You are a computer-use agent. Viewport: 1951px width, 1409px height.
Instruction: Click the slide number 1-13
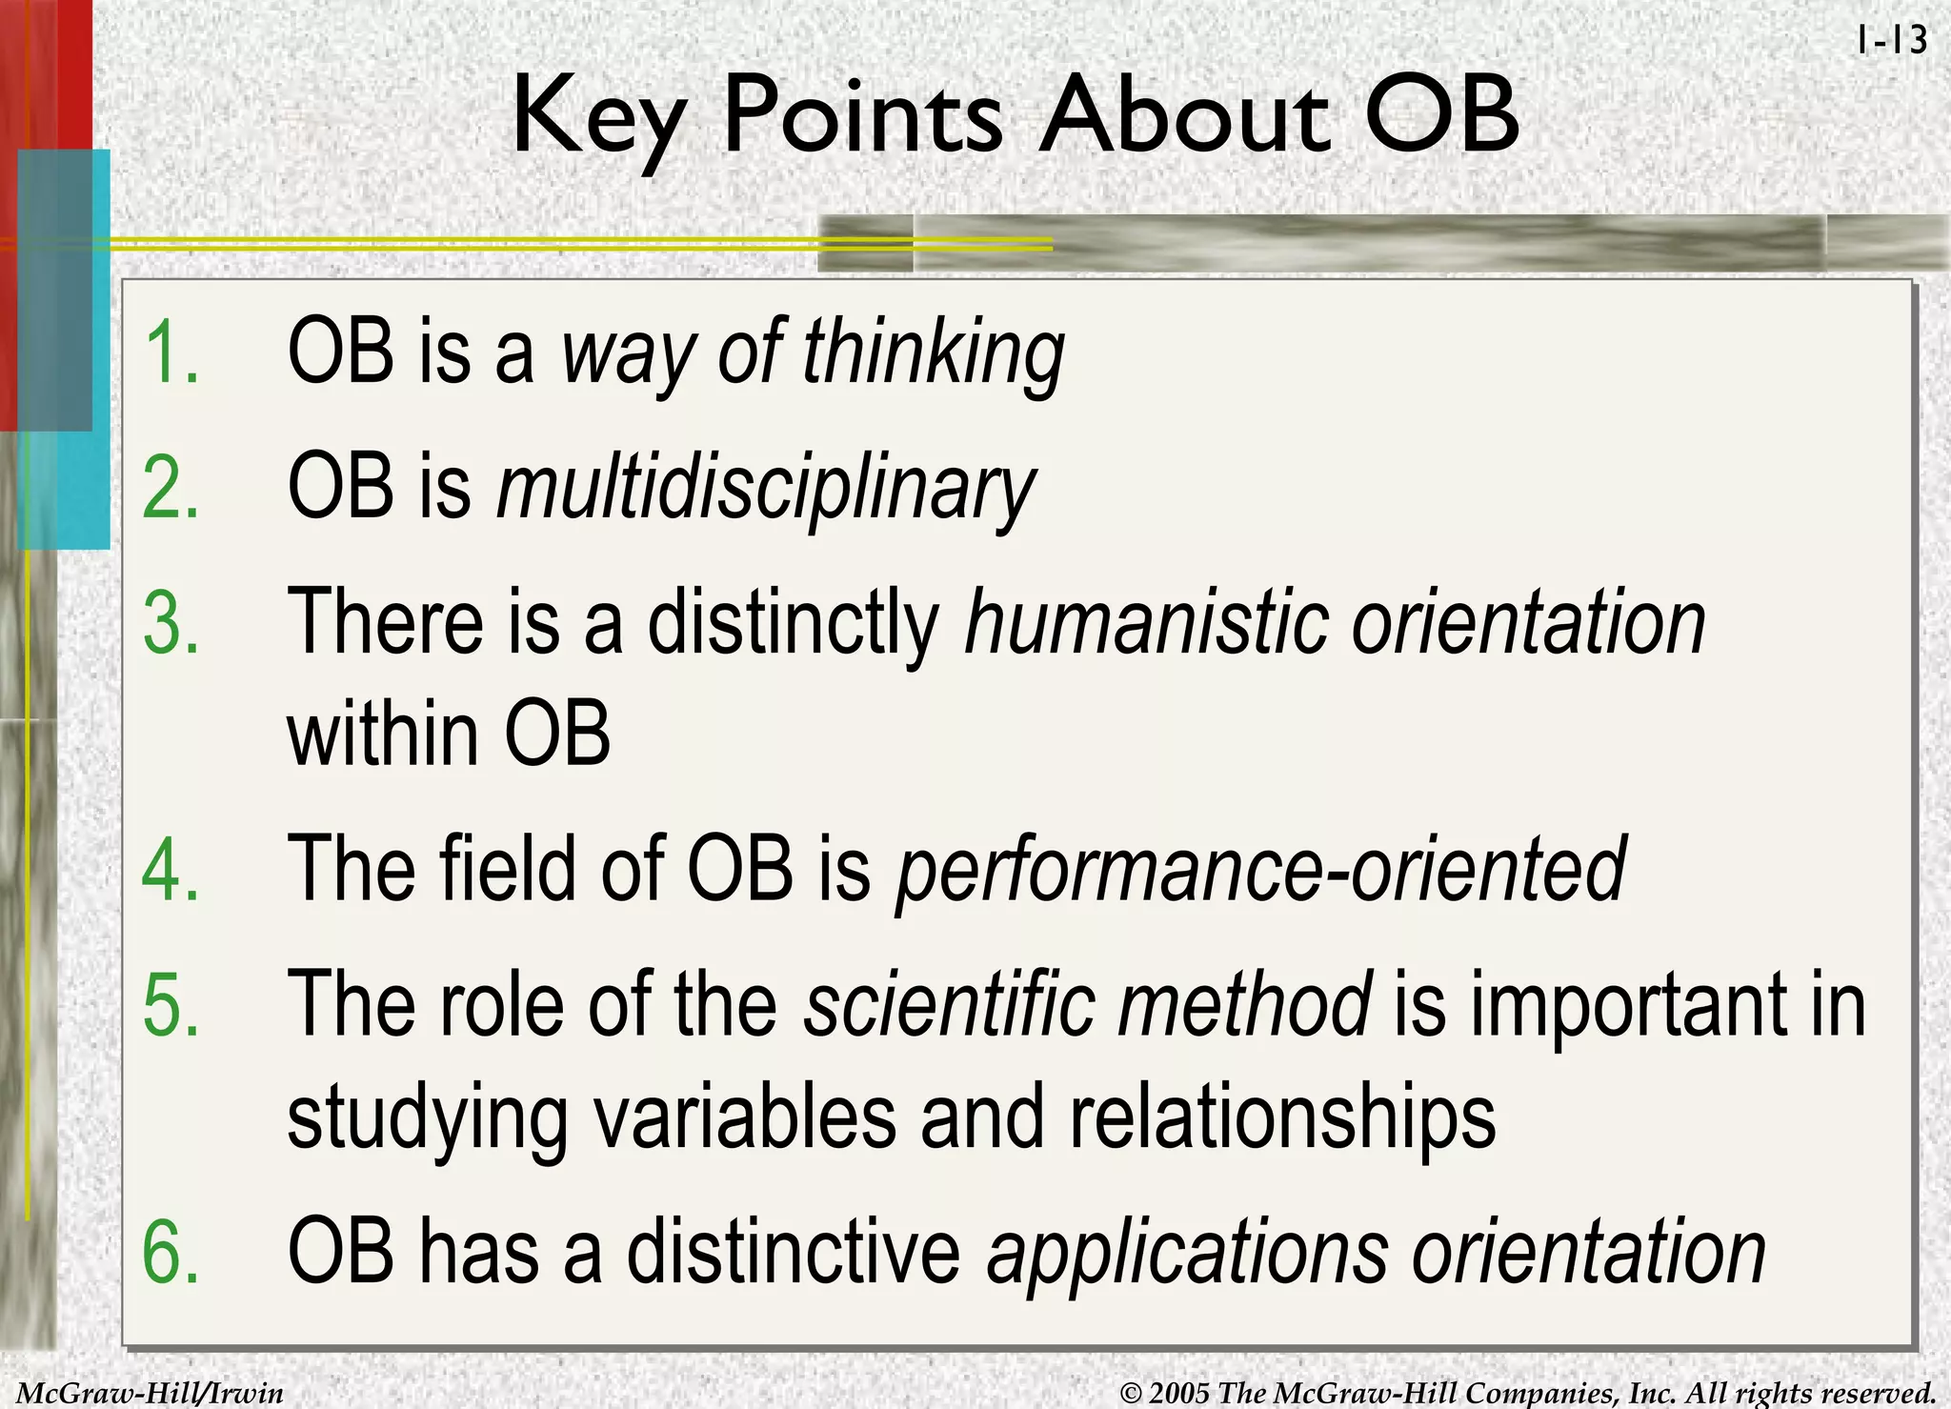1891,40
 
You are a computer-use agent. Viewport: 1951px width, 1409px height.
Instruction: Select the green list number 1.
171,352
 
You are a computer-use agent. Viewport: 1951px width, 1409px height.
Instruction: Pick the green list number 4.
171,869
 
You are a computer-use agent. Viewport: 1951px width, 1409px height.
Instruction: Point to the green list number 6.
171,1252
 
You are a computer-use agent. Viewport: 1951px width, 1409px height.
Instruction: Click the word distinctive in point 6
793,1252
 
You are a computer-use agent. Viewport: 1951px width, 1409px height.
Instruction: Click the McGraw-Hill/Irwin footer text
151,1394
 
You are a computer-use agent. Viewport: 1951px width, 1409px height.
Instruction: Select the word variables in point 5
745,1117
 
